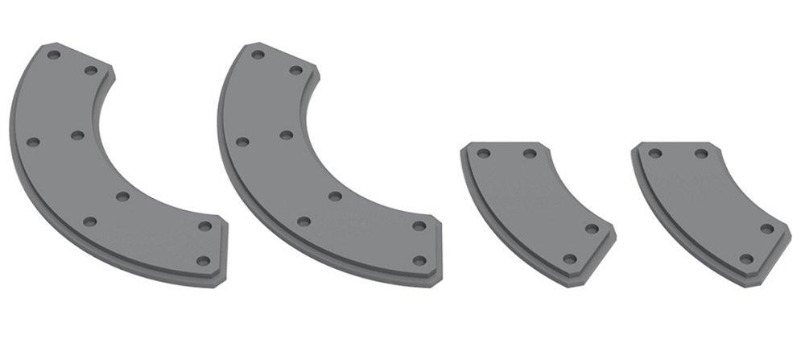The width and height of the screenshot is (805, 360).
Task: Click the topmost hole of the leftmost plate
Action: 54,56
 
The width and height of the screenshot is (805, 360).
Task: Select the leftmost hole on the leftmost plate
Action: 33,142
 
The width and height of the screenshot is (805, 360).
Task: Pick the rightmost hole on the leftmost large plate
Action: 204,226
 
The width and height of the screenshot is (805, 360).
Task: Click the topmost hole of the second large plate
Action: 258,55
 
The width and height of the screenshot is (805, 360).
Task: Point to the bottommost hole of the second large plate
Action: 419,260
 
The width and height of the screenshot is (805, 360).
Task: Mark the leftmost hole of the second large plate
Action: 242,142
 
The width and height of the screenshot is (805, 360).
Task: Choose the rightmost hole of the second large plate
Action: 419,226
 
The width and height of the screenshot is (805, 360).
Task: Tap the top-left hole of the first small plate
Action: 483,153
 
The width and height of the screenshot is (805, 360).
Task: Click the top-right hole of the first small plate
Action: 529,153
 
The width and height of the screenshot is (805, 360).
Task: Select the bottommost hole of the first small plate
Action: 570,259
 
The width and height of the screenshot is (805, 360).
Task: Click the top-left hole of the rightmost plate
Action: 655,153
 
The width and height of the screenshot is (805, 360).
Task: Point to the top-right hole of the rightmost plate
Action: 701,153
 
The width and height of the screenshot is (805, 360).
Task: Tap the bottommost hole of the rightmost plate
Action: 746,259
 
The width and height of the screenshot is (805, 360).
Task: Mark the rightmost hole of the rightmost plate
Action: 767,229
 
